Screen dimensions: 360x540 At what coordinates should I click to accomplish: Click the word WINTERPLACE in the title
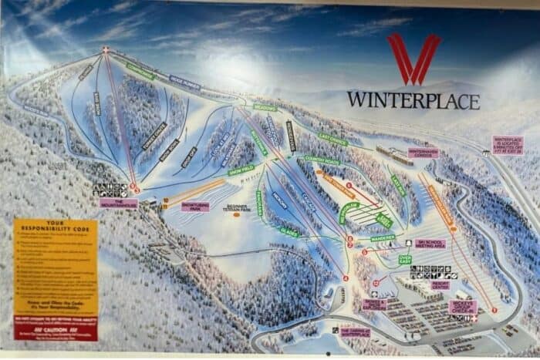pyautogui.click(x=413, y=100)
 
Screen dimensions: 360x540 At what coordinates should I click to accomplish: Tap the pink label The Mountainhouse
pyautogui.click(x=119, y=204)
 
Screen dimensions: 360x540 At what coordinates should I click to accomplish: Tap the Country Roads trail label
pyautogui.click(x=323, y=160)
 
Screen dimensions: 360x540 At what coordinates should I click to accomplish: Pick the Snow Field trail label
pyautogui.click(x=242, y=170)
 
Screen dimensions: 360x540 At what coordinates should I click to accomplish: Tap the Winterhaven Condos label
pyautogui.click(x=423, y=153)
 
